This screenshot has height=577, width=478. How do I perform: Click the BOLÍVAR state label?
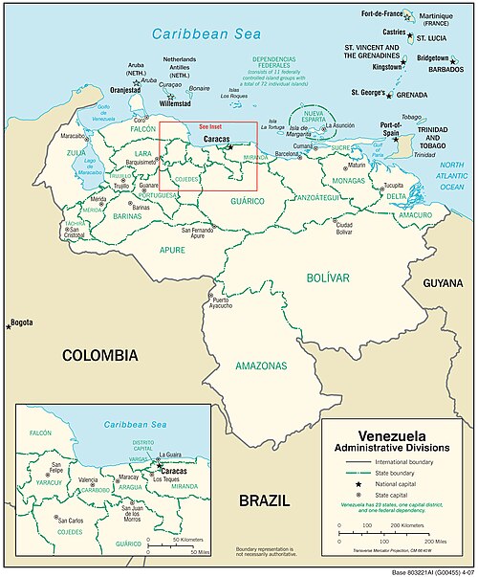(328, 277)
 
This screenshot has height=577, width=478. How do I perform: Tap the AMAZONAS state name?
(259, 366)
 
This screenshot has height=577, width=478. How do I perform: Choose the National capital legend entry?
(402, 485)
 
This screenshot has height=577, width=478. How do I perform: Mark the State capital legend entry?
(399, 498)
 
